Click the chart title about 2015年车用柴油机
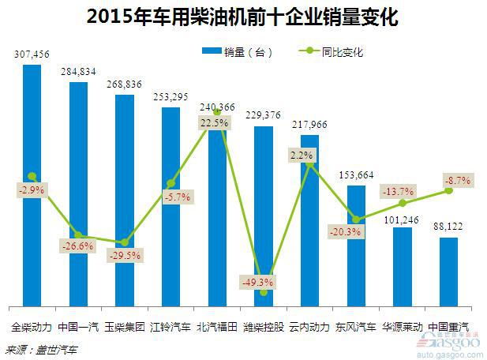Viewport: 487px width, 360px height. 242,15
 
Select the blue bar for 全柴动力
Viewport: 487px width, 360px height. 32,237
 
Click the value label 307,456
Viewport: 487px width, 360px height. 32,54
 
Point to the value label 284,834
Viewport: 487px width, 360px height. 78,72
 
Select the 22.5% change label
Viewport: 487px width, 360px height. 214,123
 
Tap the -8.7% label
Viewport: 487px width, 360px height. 457,181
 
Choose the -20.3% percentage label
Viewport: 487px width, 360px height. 347,232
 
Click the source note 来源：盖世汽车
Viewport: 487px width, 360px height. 37,348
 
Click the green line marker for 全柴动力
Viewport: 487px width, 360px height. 32,176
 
